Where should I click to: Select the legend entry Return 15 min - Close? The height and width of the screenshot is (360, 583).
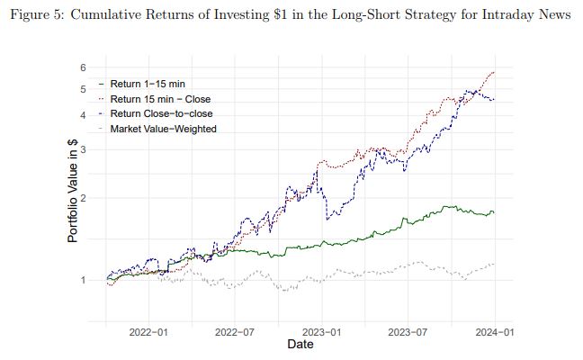click(x=160, y=99)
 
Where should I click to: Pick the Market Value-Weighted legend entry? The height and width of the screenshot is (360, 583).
click(x=163, y=130)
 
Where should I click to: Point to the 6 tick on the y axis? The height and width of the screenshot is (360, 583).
click(x=82, y=67)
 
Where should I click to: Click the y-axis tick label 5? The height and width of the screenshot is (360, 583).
click(x=82, y=89)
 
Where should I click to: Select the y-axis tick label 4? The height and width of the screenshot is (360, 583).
click(x=82, y=115)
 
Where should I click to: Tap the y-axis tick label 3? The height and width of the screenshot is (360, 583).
click(x=82, y=149)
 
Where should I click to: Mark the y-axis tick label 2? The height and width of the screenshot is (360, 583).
click(x=82, y=198)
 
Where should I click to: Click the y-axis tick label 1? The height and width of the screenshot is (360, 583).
click(x=82, y=280)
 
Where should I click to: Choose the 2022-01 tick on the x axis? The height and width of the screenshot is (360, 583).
click(x=148, y=332)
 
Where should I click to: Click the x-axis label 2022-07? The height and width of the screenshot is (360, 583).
click(x=234, y=332)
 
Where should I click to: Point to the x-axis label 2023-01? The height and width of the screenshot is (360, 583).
click(x=322, y=332)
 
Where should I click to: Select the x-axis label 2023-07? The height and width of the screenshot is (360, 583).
click(x=408, y=332)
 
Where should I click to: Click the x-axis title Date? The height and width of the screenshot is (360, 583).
click(x=300, y=346)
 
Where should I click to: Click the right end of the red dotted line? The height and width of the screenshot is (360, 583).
click(x=495, y=72)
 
